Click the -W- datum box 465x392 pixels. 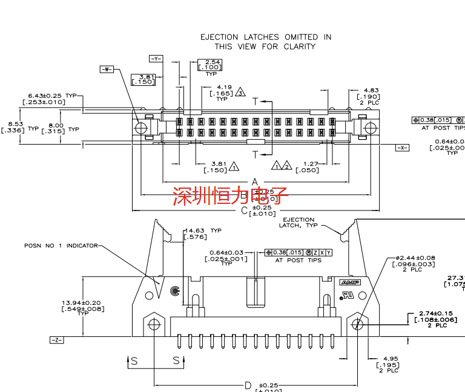pyautogui.click(x=107, y=69)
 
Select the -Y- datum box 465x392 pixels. pyautogui.click(x=156, y=59)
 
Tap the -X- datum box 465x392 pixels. pyautogui.click(x=402, y=148)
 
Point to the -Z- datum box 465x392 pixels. pyautogui.click(x=58, y=340)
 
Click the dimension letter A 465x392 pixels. pyautogui.click(x=255, y=182)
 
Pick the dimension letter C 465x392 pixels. pyautogui.click(x=244, y=211)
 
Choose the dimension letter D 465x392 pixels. pyautogui.click(x=248, y=385)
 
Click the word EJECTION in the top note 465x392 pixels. pyautogui.click(x=219, y=37)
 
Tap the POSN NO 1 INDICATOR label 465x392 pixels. pyautogui.click(x=61, y=246)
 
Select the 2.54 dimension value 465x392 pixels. pyautogui.click(x=213, y=62)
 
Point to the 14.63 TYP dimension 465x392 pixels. pyautogui.click(x=203, y=230)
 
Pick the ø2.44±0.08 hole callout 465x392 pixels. pyautogui.click(x=415, y=258)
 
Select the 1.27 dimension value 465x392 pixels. pyautogui.click(x=311, y=163)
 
